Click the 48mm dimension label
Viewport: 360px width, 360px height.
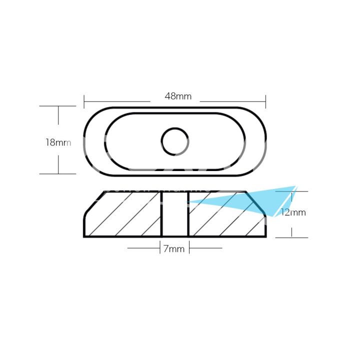pyautogui.click(x=178, y=96)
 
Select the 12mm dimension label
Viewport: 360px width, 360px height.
pyautogui.click(x=293, y=212)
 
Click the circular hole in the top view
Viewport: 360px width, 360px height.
pyautogui.click(x=175, y=141)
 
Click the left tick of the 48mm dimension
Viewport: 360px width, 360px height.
pyautogui.click(x=84, y=101)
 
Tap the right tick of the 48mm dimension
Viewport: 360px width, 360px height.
pyautogui.click(x=265, y=101)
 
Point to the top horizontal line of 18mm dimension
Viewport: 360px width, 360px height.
pyautogui.click(x=58, y=106)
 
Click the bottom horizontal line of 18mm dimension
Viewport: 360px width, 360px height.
pyautogui.click(x=58, y=173)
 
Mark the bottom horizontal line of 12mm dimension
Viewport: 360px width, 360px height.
pyautogui.click(x=291, y=237)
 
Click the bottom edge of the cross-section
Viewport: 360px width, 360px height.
pyautogui.click(x=175, y=236)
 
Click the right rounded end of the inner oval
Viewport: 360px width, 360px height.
pyautogui.click(x=244, y=141)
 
